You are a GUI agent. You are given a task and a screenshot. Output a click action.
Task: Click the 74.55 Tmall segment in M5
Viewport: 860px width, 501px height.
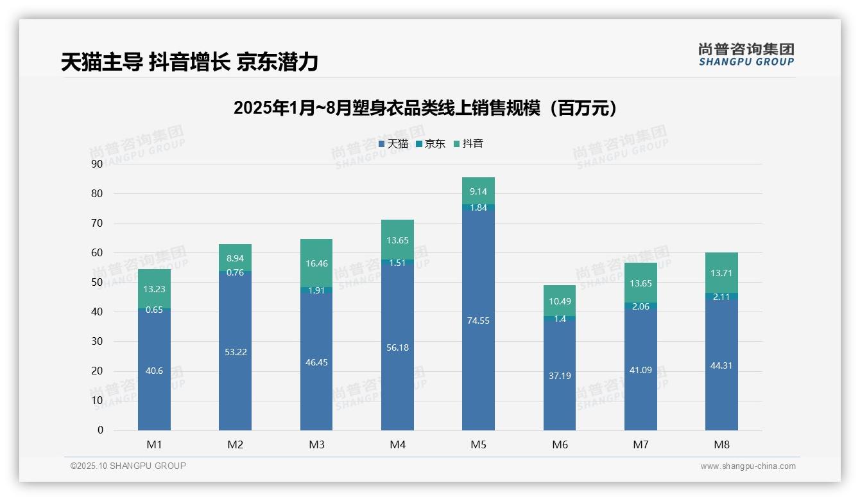point(478,319)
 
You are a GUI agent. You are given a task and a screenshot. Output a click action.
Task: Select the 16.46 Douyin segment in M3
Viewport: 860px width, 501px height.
point(316,263)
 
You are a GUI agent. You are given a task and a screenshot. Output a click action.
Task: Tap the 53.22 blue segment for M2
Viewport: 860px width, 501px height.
point(235,351)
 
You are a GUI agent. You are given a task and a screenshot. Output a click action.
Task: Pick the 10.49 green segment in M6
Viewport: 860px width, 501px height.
point(560,301)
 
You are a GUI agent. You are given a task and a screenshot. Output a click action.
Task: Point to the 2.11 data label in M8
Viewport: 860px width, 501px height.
point(721,296)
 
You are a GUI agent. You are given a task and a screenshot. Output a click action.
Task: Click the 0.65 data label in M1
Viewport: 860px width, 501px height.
point(154,310)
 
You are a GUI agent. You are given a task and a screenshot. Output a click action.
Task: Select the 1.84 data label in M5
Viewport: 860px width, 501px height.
point(478,207)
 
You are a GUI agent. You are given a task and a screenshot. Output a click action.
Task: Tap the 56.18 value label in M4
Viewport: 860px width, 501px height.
point(397,347)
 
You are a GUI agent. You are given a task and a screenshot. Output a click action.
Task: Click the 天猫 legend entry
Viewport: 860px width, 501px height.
point(393,144)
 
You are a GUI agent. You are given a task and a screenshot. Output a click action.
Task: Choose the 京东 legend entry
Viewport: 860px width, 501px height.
point(431,144)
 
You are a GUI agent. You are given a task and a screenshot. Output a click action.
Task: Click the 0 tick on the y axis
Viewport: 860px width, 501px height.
point(99,430)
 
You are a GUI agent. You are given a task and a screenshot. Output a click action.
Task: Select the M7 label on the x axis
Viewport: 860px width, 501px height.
point(641,444)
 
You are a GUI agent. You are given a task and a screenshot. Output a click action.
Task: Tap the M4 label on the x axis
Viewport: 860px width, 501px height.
point(397,444)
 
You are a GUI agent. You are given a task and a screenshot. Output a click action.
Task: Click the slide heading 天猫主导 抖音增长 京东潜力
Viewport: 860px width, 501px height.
point(189,62)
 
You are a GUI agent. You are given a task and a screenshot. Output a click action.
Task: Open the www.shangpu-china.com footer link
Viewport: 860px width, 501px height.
point(748,466)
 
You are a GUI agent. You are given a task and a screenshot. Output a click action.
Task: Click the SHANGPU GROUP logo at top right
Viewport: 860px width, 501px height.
point(746,54)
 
